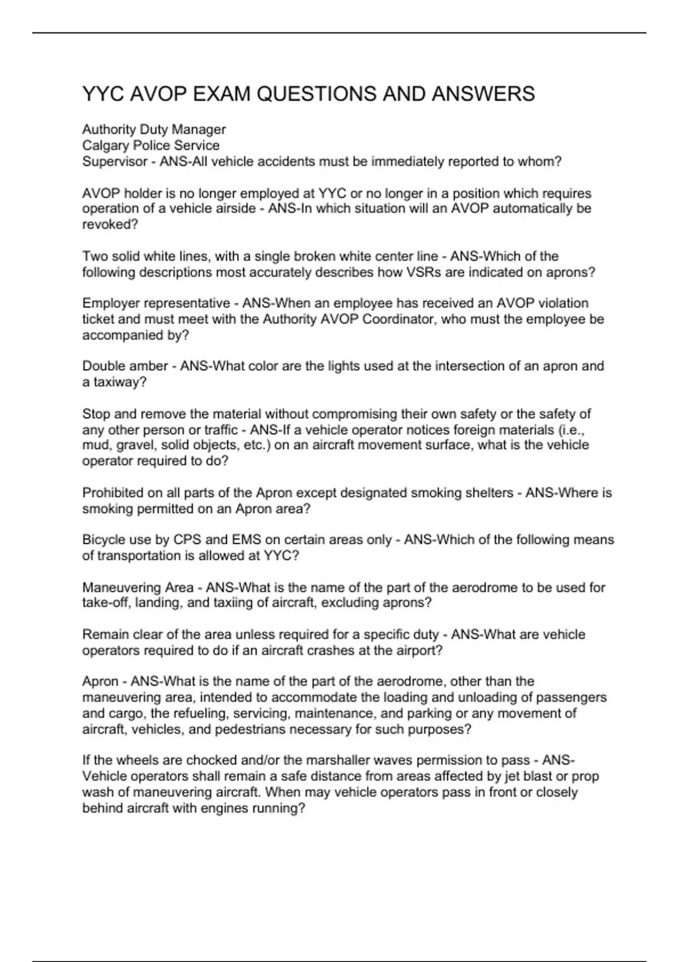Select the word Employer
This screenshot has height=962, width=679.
point(108,304)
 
